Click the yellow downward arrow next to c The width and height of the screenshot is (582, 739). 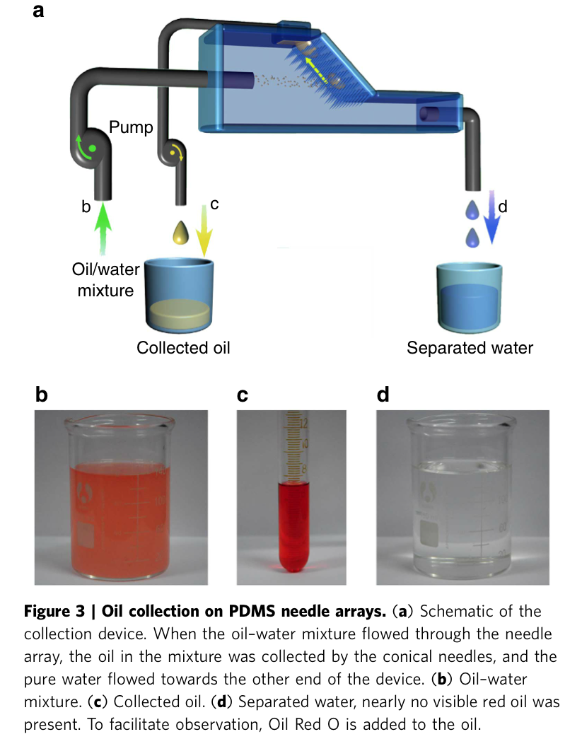[204, 229]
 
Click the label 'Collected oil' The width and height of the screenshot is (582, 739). [183, 347]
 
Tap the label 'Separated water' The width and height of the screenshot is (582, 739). [470, 347]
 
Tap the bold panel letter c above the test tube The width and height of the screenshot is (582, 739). [243, 395]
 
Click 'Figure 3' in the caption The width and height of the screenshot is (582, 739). [62, 611]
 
